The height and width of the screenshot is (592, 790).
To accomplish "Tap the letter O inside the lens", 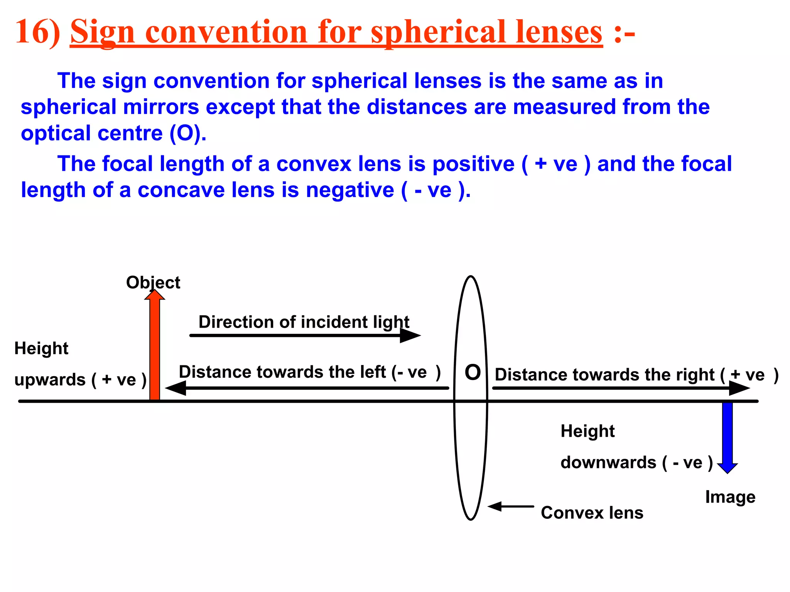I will coord(473,373).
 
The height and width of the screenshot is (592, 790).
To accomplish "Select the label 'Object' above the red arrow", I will coord(153,283).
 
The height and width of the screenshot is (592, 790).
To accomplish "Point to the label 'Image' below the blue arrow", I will coord(730,497).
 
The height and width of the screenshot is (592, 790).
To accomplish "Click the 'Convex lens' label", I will coord(592,513).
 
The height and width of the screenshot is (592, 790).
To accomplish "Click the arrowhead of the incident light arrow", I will coord(410,335).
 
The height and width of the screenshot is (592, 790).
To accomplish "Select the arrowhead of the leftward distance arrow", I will coord(176,388).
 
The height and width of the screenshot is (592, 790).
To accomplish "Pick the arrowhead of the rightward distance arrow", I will coord(739,388).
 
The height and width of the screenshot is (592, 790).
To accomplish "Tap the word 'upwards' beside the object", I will coord(50,380).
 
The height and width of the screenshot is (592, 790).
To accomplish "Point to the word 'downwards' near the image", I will coord(608,462).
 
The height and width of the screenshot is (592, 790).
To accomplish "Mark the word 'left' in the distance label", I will coord(372,372).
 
